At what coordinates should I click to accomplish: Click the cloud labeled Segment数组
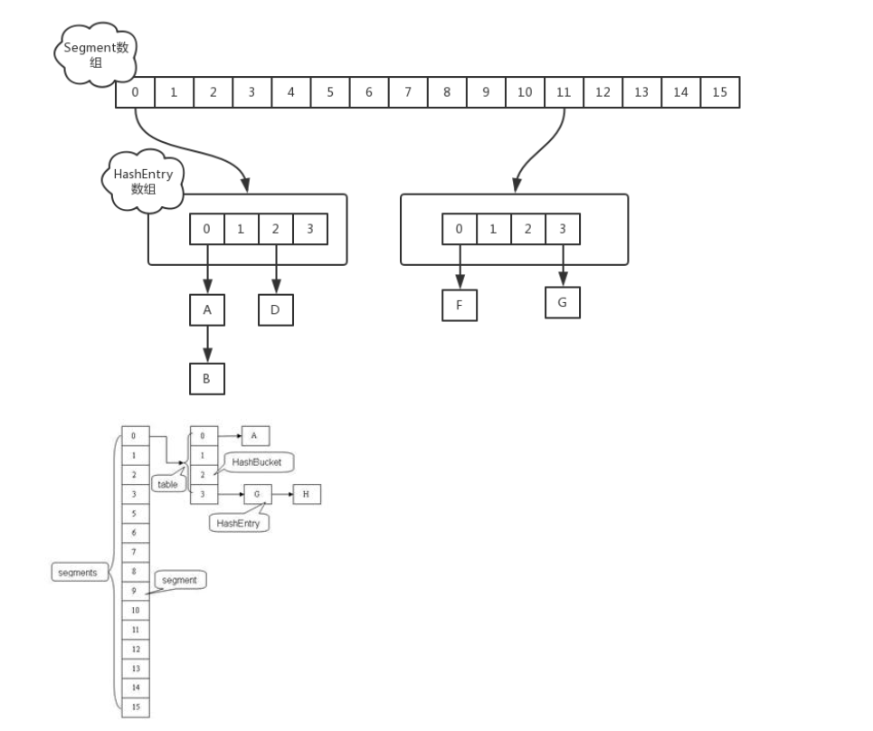coord(96,55)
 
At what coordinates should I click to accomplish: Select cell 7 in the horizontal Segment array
coord(408,92)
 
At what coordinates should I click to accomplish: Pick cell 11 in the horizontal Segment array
coord(564,92)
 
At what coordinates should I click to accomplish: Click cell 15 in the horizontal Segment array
coord(719,92)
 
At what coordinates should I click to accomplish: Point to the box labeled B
coord(206,379)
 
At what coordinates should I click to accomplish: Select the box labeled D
coord(276,309)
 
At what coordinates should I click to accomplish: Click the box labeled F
coord(460,305)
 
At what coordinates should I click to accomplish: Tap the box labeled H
coord(306,495)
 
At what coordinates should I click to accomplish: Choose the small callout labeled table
coord(168,485)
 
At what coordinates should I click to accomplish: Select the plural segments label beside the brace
coord(78,573)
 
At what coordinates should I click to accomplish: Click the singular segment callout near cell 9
coord(179,580)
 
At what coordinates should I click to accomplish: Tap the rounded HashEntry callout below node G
coord(239,523)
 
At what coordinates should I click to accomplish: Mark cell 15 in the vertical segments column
coord(135,707)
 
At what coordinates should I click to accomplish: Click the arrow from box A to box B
coord(206,344)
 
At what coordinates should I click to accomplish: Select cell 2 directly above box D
coord(275,229)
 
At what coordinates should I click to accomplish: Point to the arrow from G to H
coord(281,495)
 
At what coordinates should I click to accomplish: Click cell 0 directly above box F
coord(459,229)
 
